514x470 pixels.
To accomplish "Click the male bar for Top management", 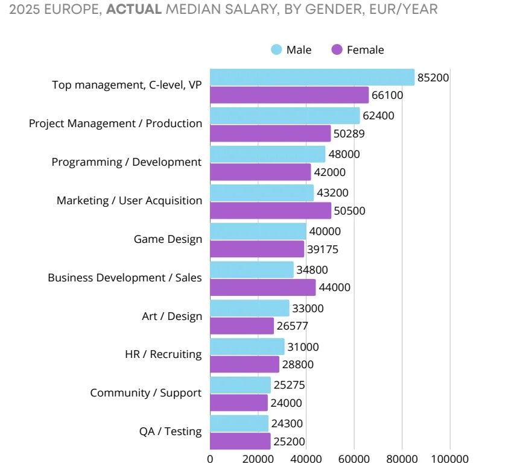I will (x=312, y=77).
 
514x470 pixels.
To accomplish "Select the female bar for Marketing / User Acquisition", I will (x=270, y=210).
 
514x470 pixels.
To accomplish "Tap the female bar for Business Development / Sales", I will (x=262, y=287).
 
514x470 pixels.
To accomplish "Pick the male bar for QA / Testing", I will (x=239, y=424).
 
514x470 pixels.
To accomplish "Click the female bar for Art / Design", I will (x=241, y=326).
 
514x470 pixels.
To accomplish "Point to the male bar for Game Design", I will (x=258, y=231).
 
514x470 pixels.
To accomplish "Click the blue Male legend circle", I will (x=277, y=50).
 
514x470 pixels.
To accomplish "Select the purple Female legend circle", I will (x=337, y=50).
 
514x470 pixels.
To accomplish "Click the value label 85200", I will (x=433, y=77).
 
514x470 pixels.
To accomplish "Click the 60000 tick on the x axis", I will (x=354, y=459).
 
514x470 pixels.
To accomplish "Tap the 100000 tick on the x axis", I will (x=449, y=459).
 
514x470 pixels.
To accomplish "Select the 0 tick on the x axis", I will (x=210, y=459).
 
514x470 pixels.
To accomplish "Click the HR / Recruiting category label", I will (x=163, y=354).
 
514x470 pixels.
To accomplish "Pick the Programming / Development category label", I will (x=126, y=162).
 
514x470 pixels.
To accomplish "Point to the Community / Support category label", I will (x=145, y=393).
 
